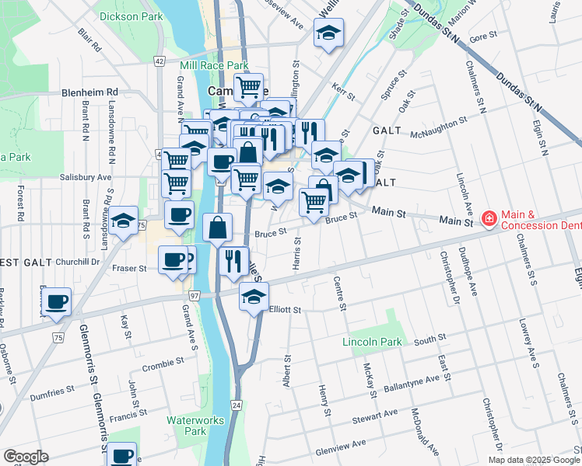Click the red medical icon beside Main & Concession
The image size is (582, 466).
point(489,220)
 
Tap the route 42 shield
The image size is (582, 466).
point(160,61)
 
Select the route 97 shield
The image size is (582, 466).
point(194,296)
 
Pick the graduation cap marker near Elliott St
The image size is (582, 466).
point(253,297)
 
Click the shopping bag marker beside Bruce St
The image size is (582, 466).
point(218,228)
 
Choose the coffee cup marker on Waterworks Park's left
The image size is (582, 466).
point(121,455)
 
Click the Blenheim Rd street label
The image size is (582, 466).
point(89,92)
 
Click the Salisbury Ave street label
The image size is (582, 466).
point(86,177)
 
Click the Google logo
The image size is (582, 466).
point(26,457)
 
